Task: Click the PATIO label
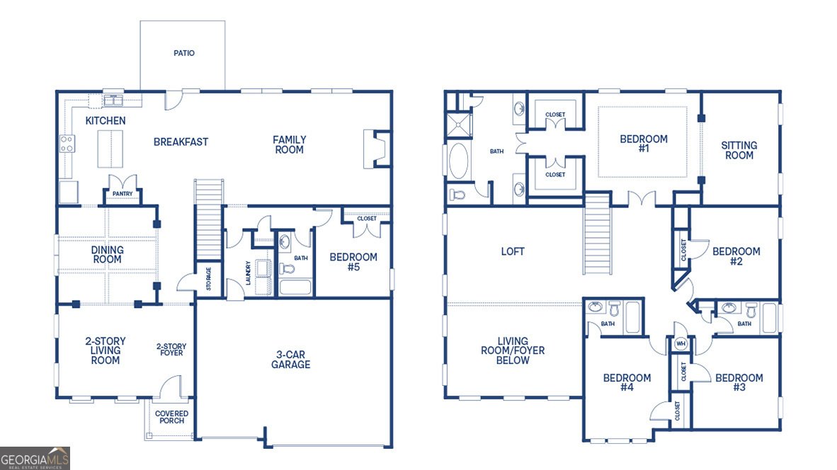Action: coord(183,53)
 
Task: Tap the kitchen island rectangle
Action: coord(110,148)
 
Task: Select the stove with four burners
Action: coord(67,144)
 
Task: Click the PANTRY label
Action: coord(123,193)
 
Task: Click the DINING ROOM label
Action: coord(107,254)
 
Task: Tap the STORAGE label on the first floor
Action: coord(209,279)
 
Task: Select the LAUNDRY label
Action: coord(248,274)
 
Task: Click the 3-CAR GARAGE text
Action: coord(290,360)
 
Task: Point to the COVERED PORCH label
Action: coord(172,417)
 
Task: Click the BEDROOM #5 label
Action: coord(353,262)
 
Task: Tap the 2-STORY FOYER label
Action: coord(171,350)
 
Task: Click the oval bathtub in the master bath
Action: coord(459,161)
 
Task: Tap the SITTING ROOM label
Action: coord(739,150)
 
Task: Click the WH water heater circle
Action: coord(681,344)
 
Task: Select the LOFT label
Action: coord(513,251)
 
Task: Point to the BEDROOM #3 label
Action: coord(739,383)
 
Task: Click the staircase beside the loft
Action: coord(597,234)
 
